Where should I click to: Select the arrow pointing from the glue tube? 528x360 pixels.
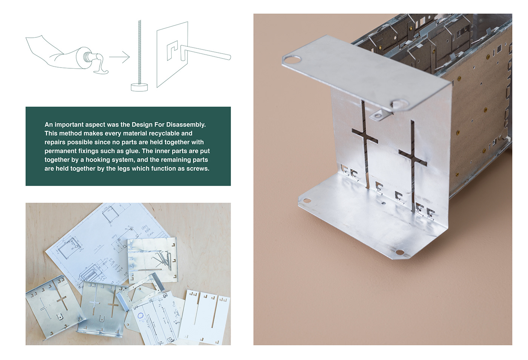point(119,57)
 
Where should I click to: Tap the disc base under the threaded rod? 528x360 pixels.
point(139,87)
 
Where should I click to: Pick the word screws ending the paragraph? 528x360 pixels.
point(197,168)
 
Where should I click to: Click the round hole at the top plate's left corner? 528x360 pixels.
point(292,59)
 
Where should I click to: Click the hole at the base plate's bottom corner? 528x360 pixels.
point(399,252)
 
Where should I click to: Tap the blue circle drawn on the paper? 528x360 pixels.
point(140,316)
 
